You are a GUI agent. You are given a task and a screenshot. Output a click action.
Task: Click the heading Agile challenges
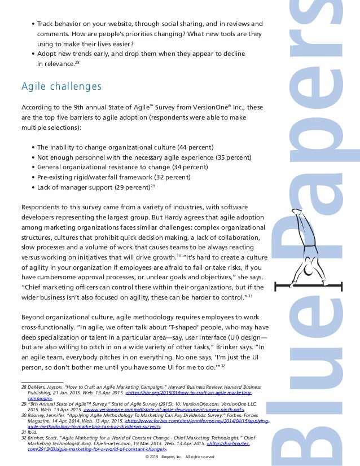coord(62,86)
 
